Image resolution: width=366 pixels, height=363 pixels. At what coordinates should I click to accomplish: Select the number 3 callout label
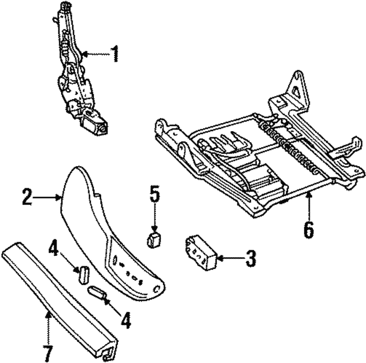coord(250,259)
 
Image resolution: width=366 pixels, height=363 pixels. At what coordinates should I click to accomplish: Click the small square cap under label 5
coord(154,240)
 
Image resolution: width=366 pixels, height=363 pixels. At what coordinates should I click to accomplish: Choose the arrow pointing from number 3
coord(229,259)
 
